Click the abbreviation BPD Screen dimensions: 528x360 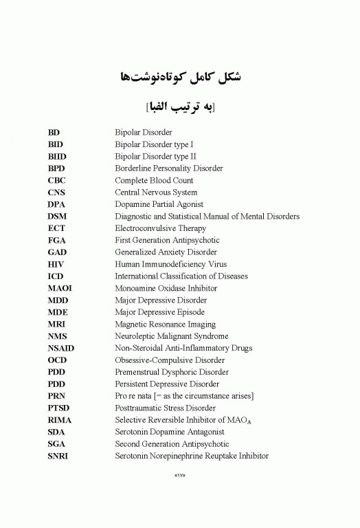pos(57,168)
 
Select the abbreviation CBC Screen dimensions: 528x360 pos(57,180)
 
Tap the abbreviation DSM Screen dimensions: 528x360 pos(58,217)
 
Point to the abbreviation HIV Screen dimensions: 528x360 pos(56,264)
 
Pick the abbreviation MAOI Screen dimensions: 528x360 pos(60,288)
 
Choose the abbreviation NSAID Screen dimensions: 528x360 pos(61,348)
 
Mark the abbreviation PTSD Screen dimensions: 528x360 pos(59,408)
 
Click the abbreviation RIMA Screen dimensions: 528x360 pos(60,420)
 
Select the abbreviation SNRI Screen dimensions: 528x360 pos(58,456)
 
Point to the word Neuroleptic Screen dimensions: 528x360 pos(136,336)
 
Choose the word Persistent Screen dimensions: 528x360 pos(133,384)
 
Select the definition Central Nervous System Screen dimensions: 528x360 pos(156,192)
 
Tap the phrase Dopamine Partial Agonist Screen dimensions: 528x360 pos(159,204)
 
